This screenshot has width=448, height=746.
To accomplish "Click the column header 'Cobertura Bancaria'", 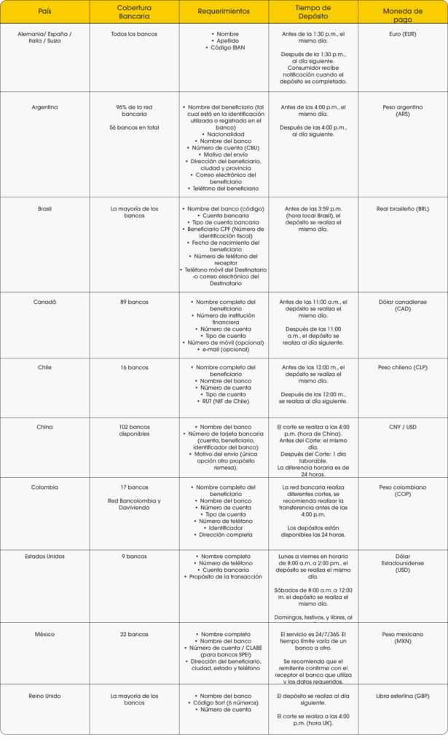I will click(x=134, y=12).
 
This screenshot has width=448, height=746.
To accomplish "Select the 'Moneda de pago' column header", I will click(x=402, y=12).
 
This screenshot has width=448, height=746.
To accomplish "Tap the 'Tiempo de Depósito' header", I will click(x=313, y=12).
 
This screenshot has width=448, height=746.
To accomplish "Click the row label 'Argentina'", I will click(x=44, y=107).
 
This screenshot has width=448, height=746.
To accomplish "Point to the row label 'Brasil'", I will click(x=44, y=209).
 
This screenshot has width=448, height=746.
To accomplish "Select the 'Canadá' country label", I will click(x=44, y=302).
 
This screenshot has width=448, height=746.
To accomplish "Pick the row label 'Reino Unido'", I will click(x=44, y=696).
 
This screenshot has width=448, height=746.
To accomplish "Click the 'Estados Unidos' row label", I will click(x=44, y=557).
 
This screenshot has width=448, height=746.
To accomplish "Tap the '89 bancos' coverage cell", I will click(x=134, y=302).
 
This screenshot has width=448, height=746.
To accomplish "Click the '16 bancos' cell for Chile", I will click(x=134, y=367).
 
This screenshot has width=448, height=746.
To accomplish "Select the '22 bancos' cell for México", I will click(x=134, y=635).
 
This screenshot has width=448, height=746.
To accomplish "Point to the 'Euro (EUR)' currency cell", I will click(x=402, y=34).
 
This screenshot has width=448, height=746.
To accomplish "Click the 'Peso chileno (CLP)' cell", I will click(x=402, y=367).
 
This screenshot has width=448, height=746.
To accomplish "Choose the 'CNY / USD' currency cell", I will click(x=402, y=427).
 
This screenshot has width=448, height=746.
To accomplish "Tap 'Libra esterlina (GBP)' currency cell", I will click(x=402, y=696).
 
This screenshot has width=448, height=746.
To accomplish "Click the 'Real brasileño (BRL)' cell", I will click(x=402, y=209).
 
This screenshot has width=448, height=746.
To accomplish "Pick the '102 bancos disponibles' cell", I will click(x=134, y=431).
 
